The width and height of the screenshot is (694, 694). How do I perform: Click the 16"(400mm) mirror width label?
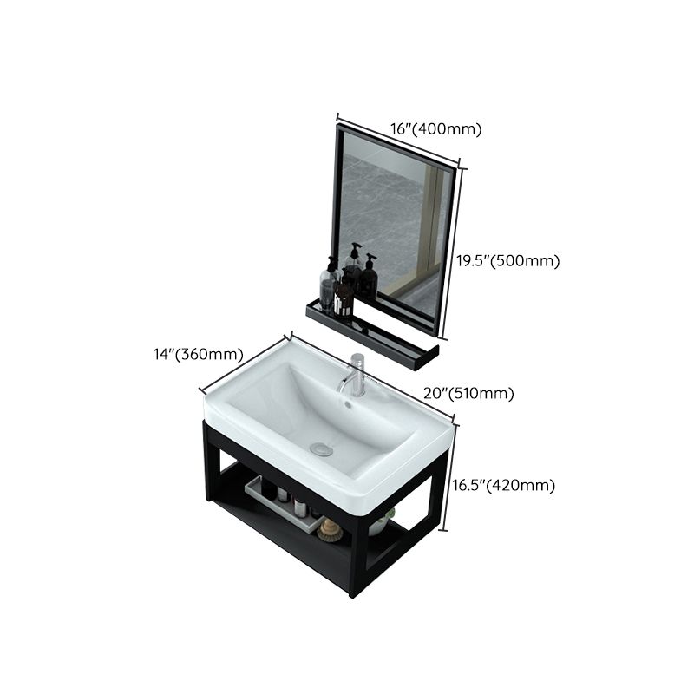tap(435, 129)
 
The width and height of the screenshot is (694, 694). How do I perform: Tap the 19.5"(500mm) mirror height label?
tap(507, 261)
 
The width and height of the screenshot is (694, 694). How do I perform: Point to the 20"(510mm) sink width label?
tap(469, 393)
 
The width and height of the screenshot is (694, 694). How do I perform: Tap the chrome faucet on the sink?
tap(355, 375)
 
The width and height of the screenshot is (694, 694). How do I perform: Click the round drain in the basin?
tap(322, 448)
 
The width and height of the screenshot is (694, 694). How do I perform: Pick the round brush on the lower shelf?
tap(330, 528)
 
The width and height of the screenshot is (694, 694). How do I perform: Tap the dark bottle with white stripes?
tap(344, 297)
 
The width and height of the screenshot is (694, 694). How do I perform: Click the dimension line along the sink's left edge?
tap(246, 363)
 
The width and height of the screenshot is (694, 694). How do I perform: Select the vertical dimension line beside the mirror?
tap(453, 252)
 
